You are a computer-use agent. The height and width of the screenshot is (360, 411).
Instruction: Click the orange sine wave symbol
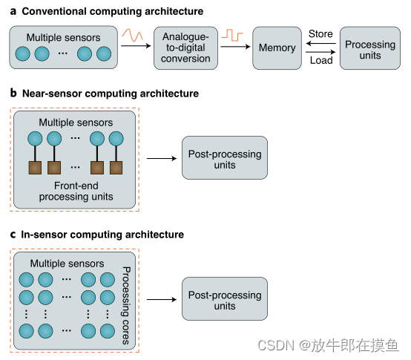[135, 36]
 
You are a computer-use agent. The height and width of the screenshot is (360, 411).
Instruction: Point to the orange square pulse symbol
[234, 35]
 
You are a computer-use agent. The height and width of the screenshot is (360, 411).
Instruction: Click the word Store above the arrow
[320, 33]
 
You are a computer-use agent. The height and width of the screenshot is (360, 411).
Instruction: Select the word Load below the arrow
[321, 61]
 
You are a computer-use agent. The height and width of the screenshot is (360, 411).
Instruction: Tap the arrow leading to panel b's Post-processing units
[162, 158]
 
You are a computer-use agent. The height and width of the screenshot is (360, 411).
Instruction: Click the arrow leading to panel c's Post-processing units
[162, 300]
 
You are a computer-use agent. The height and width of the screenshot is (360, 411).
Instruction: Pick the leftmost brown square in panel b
[34, 167]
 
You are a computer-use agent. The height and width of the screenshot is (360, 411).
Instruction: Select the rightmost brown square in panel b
[116, 167]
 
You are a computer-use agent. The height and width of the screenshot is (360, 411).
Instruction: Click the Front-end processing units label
[74, 192]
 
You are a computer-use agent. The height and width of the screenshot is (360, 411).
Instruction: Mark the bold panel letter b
[14, 94]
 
